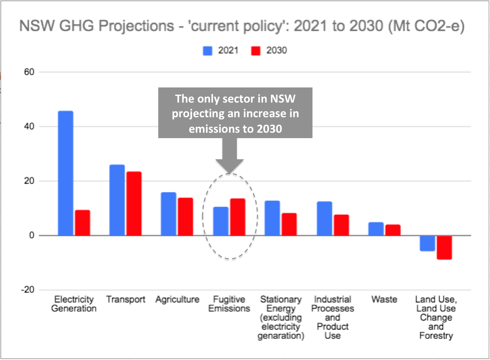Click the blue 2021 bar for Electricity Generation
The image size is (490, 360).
tap(65, 173)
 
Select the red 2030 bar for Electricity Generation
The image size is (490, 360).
tap(82, 223)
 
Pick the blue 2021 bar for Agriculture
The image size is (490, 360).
tap(169, 214)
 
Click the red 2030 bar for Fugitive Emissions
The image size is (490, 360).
tap(238, 217)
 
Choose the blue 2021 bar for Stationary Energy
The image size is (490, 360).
tap(272, 218)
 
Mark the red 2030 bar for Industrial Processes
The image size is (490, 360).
tap(341, 225)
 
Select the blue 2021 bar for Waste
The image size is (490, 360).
tap(376, 229)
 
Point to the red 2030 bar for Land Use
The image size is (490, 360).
tap(444, 247)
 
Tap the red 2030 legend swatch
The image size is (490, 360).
tap(256, 51)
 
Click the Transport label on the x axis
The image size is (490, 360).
tap(126, 300)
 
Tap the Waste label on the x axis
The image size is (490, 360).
tap(384, 300)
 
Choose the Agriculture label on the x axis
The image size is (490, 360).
tap(177, 300)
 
